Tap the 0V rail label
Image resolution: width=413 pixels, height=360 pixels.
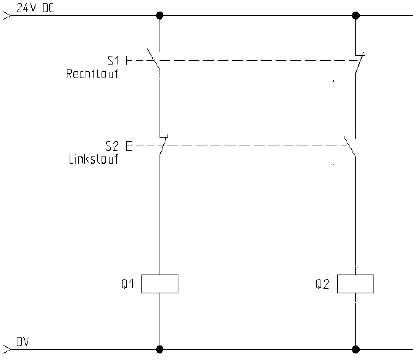point(22,342)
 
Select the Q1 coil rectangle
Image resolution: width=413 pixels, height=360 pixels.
point(160,284)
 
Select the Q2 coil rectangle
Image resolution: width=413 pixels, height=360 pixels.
point(355,284)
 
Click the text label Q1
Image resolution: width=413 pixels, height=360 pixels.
point(128,284)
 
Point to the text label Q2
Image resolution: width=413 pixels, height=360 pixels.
point(322,284)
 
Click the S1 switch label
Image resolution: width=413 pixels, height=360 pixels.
point(113,60)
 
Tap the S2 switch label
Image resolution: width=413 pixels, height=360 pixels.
point(112,146)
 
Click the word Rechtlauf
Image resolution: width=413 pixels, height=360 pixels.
point(92,74)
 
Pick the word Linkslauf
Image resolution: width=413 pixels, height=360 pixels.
point(94,159)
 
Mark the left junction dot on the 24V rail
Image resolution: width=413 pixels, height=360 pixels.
point(160,16)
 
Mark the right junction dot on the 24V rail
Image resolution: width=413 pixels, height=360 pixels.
point(356,16)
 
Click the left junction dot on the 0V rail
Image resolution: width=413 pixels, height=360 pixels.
point(160,349)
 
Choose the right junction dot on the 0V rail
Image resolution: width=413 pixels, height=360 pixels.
point(356,349)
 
